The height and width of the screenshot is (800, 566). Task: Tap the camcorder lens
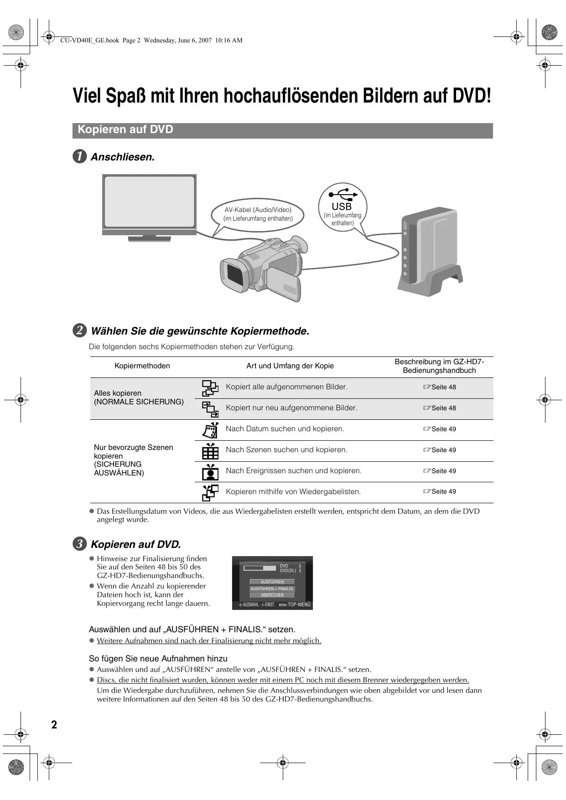(234, 275)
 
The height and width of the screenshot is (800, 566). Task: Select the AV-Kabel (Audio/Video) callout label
(258, 214)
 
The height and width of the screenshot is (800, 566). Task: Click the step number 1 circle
(80, 157)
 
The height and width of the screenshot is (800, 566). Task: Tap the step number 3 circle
(80, 544)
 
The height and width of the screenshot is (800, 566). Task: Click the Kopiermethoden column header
(142, 366)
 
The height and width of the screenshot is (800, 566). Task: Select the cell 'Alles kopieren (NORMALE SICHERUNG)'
(139, 397)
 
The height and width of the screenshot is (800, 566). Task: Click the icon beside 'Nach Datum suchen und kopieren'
(210, 429)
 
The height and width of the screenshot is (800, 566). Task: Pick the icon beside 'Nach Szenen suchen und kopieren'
(210, 450)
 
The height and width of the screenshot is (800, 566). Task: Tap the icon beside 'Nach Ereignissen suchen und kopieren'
(210, 471)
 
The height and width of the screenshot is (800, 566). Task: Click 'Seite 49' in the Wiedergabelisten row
(440, 491)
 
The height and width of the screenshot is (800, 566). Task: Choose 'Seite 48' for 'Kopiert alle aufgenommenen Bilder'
(440, 387)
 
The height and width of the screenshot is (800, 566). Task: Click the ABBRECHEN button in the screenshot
(272, 595)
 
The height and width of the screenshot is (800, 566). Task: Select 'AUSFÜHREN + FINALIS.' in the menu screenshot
(272, 588)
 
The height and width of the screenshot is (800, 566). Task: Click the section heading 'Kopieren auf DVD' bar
(282, 130)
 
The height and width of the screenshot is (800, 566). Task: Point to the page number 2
(54, 725)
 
